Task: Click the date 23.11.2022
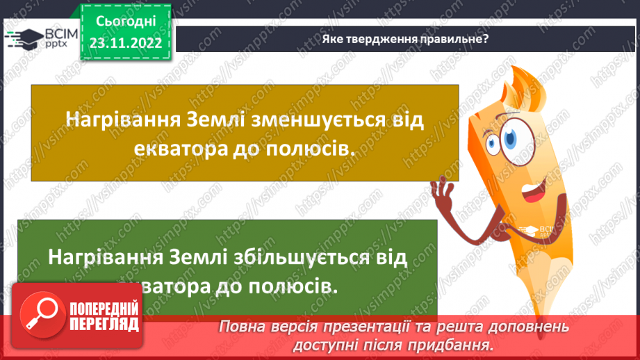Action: point(126,42)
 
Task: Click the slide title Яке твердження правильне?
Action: point(405,39)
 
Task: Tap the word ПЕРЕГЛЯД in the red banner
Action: point(103,323)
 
